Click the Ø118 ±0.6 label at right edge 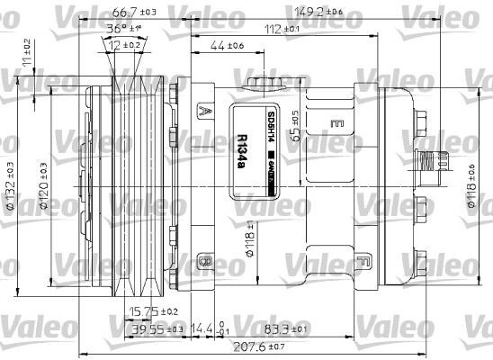pos(471,187)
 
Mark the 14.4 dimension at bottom pos(202,329)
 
